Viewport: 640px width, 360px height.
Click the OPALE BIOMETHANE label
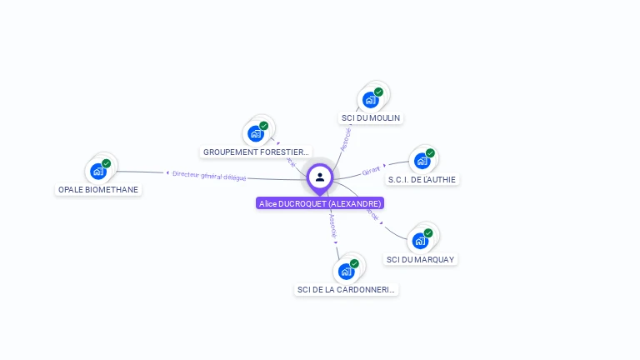coord(98,190)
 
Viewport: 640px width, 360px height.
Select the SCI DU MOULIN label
coord(372,118)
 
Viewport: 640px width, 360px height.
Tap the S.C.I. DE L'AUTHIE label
coord(422,179)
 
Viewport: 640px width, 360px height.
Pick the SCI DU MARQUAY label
coord(421,259)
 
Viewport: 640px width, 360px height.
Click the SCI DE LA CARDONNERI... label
coord(347,290)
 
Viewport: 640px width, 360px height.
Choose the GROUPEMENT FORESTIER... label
coord(257,152)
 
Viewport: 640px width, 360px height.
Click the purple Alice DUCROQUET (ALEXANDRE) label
coord(320,203)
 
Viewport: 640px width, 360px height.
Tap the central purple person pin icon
coord(320,177)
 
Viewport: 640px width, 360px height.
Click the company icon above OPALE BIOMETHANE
coord(98,172)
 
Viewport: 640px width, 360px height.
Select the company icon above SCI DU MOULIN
coord(371,100)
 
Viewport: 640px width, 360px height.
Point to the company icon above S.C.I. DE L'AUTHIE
coord(422,161)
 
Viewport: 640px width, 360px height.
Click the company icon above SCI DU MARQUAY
coord(421,241)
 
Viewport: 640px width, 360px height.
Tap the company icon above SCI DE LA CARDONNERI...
coord(347,272)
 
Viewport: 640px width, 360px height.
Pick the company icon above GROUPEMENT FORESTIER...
coord(256,133)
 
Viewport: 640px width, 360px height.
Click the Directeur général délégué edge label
coord(209,175)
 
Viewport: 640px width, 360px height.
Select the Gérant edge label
coord(371,171)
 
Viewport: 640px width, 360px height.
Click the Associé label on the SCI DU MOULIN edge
coord(346,138)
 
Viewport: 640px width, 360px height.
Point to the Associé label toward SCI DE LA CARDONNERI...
coord(332,223)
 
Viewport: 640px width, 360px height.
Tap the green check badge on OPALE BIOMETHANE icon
coord(107,163)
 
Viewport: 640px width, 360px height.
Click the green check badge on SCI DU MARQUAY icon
coord(428,233)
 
